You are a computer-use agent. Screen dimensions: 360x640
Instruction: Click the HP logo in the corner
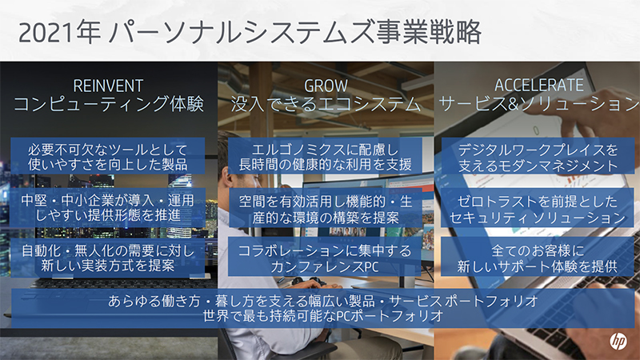click(x=617, y=339)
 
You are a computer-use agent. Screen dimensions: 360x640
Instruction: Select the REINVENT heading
click(x=108, y=85)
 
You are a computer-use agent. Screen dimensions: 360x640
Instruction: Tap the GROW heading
click(x=325, y=85)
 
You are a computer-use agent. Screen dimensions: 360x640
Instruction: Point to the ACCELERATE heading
click(x=538, y=85)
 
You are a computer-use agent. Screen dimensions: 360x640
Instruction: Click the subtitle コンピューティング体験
click(x=108, y=104)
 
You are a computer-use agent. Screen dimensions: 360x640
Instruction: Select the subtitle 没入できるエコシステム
click(x=325, y=104)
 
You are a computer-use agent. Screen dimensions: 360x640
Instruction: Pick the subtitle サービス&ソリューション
click(x=538, y=104)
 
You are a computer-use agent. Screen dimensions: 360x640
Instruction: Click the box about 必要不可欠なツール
click(x=108, y=157)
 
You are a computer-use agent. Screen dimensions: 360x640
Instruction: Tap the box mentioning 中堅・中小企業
click(x=108, y=206)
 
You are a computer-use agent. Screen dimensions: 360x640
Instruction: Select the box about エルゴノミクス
click(x=325, y=157)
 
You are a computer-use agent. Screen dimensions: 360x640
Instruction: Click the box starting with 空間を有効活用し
click(x=325, y=206)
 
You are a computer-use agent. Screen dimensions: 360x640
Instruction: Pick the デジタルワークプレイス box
click(x=538, y=157)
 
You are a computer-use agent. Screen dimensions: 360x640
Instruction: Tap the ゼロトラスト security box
click(x=538, y=206)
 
